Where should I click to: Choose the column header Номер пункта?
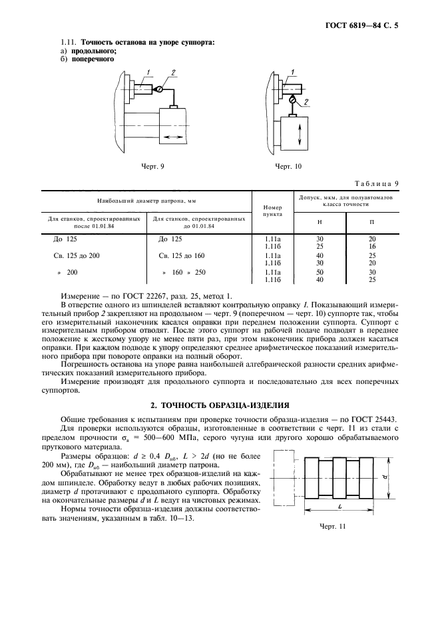tap(273, 211)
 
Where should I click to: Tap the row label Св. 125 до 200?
tap(74, 256)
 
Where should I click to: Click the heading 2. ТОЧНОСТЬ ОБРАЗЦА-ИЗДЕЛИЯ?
tap(220, 405)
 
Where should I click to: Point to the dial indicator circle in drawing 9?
tap(158, 89)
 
